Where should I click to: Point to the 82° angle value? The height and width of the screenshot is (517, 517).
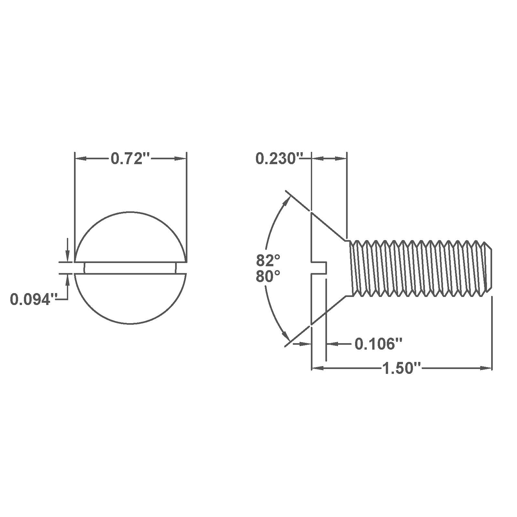tap(268, 259)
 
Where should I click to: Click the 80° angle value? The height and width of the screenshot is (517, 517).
tap(268, 277)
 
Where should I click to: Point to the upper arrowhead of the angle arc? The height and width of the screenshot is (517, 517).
tap(286, 200)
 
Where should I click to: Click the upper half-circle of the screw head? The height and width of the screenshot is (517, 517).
tap(130, 237)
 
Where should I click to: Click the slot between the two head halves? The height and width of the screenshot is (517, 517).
tap(130, 268)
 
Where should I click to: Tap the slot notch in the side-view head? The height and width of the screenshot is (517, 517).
tap(319, 268)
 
